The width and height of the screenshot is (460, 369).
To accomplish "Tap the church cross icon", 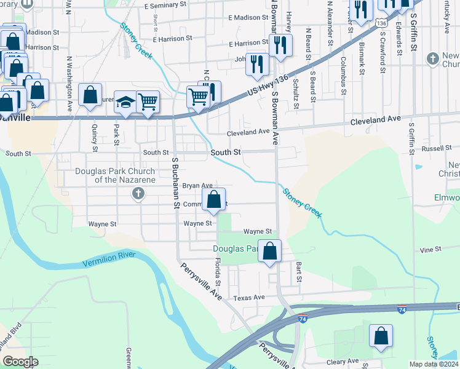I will (x=138, y=194).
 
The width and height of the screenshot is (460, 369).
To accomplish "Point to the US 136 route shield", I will (x=382, y=23).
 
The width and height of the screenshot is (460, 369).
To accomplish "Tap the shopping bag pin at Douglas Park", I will (x=269, y=251).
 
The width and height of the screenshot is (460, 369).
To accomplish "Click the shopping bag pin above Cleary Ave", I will (x=381, y=336).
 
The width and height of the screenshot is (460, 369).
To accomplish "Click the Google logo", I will (x=20, y=361).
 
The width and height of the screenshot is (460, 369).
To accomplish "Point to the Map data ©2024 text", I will (x=434, y=364).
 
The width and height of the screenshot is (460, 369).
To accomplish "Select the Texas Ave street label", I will (x=248, y=297).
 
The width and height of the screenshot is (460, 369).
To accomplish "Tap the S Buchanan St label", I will (x=175, y=183).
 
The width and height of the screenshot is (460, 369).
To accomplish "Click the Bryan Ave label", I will (x=197, y=185).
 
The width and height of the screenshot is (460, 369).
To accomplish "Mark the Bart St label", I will (x=299, y=271).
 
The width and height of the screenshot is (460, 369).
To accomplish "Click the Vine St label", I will (x=430, y=250).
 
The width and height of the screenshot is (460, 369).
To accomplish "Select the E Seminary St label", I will (x=165, y=5).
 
